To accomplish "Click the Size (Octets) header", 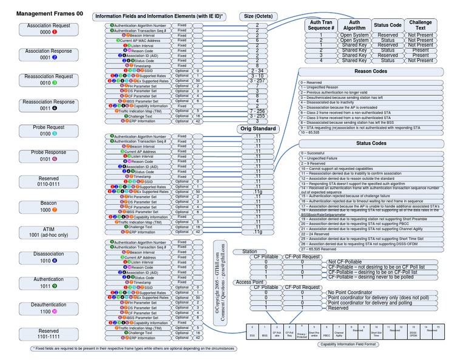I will click(x=257, y=17).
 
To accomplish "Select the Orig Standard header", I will click(x=257, y=129).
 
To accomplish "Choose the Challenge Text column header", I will click(x=420, y=25).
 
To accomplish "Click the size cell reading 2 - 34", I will click(x=257, y=70).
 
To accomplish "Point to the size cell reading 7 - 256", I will click(x=257, y=112).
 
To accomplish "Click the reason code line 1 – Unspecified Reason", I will click(x=328, y=87).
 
